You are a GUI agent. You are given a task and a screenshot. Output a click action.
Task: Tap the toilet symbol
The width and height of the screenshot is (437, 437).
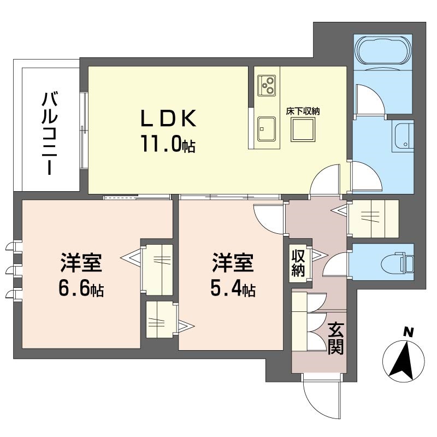(397, 262)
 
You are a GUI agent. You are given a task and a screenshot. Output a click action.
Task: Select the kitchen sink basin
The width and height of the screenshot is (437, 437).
(266, 129)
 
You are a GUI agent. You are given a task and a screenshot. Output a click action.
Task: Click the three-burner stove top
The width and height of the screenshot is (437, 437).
(266, 85)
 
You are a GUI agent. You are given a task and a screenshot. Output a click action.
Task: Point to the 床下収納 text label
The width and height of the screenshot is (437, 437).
(303, 111)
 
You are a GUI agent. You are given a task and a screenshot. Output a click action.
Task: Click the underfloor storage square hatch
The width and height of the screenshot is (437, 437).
(303, 129)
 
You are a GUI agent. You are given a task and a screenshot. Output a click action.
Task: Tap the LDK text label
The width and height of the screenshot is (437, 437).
(168, 119)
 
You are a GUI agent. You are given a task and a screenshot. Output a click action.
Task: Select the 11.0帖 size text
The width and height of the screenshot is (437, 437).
(168, 144)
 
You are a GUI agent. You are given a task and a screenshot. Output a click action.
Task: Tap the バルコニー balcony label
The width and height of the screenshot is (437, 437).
(49, 134)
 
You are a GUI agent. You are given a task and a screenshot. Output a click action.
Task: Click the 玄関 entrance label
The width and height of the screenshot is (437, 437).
(335, 338)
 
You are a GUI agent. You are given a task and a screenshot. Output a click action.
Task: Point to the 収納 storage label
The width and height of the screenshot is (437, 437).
(298, 263)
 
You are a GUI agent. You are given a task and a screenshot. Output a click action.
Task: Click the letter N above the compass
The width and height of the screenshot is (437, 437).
(409, 332)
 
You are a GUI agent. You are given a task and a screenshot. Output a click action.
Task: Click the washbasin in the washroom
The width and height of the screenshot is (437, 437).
(403, 136)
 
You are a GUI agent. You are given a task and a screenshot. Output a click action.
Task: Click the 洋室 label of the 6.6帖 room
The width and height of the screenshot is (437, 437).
(81, 262)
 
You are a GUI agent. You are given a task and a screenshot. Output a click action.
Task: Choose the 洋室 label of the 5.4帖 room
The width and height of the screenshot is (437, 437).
(233, 262)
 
